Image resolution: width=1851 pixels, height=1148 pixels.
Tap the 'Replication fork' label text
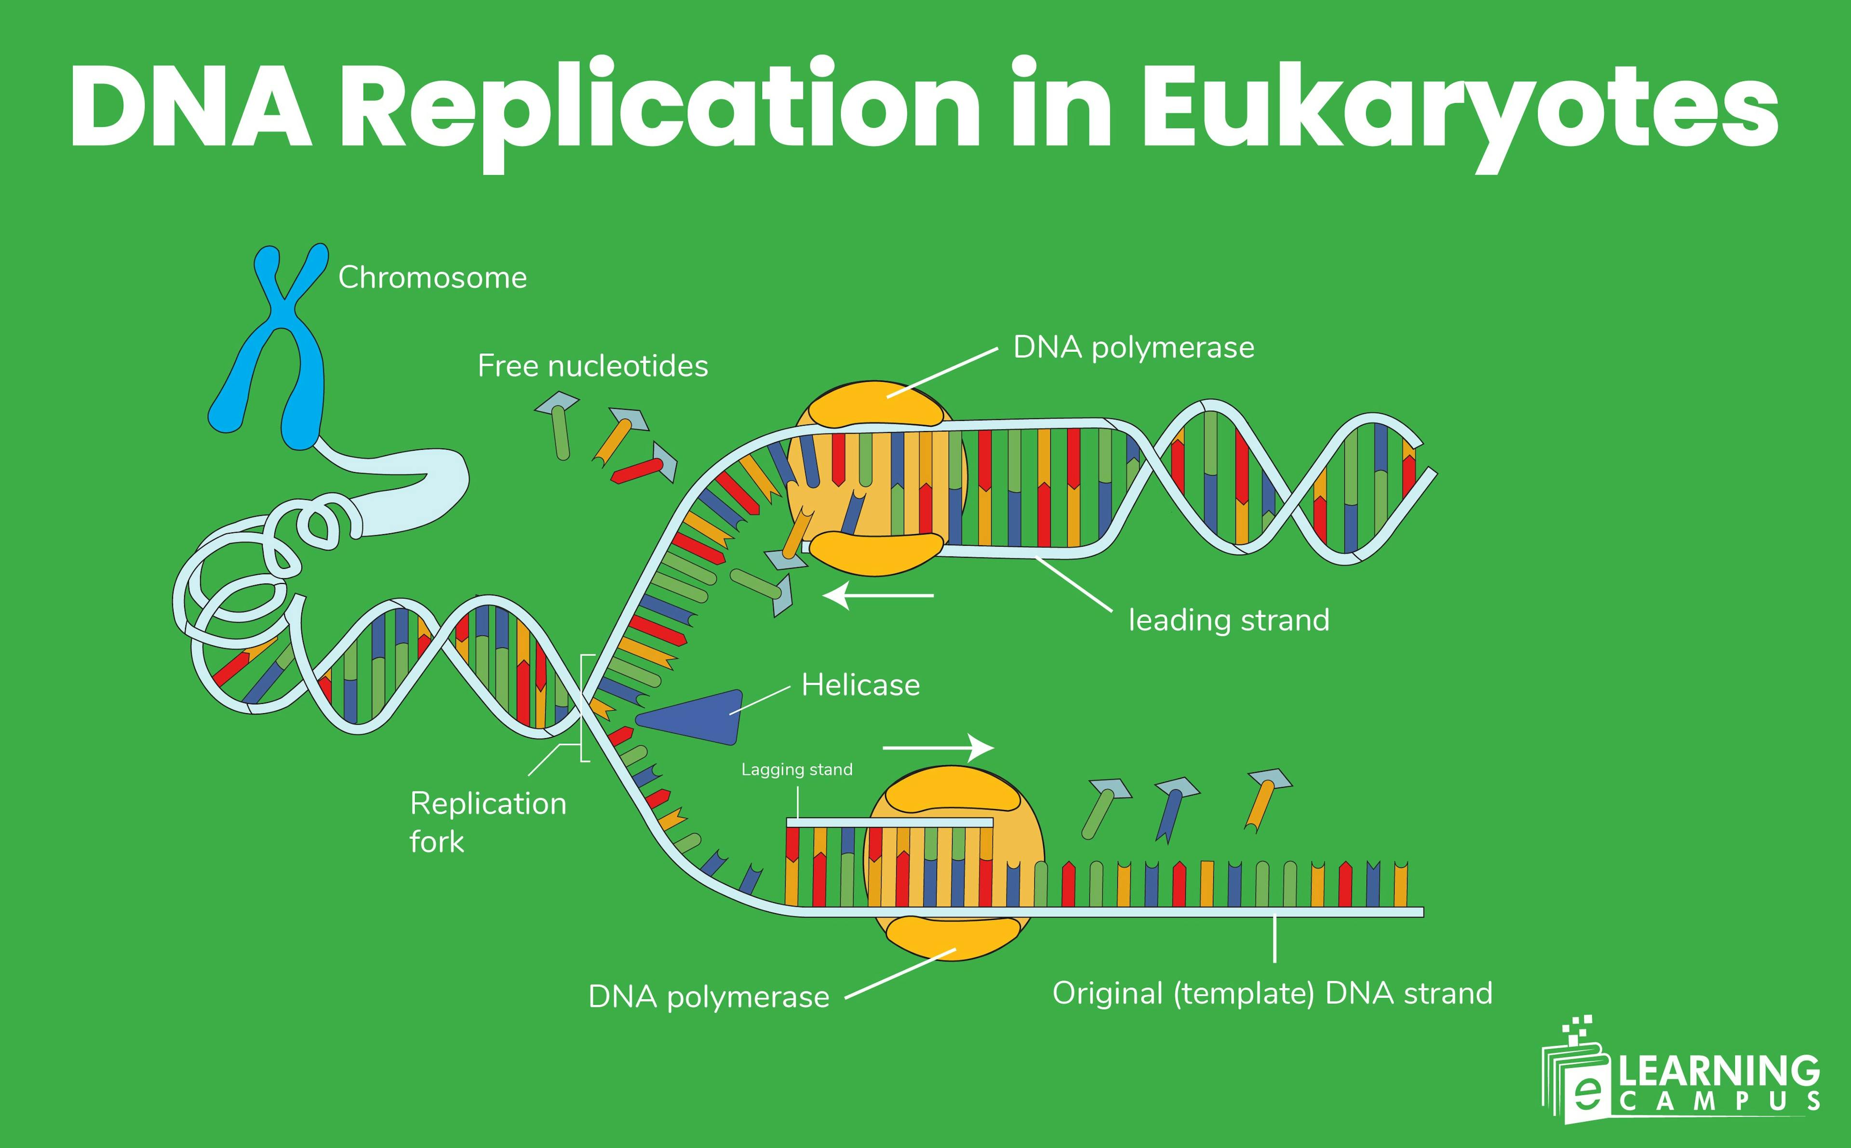click(487, 822)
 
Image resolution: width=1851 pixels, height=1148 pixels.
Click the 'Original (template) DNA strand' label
click(1272, 993)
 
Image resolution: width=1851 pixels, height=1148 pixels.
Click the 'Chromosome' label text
click(432, 278)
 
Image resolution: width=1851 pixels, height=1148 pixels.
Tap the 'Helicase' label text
click(860, 686)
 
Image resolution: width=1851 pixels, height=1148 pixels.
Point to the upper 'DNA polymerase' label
click(1133, 348)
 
